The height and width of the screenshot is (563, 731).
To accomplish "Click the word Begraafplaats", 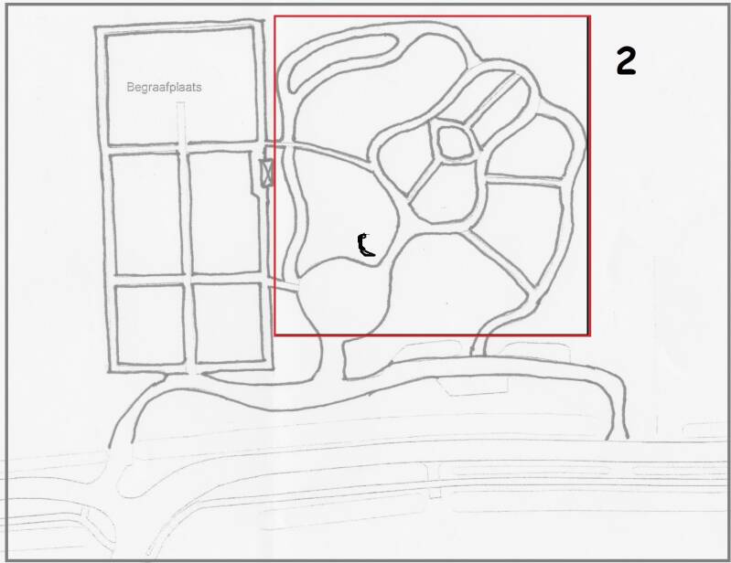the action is [164, 87].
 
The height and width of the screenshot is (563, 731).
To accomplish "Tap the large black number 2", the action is [626, 61].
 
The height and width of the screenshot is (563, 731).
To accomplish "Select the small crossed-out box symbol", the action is [266, 173].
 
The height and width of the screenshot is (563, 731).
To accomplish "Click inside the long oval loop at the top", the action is [343, 63].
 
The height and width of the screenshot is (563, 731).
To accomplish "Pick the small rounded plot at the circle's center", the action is [454, 143].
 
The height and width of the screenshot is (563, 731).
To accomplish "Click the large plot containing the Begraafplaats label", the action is [181, 86].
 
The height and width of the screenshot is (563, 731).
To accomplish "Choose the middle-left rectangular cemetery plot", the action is [145, 214].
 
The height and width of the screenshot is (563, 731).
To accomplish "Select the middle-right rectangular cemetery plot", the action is [225, 213].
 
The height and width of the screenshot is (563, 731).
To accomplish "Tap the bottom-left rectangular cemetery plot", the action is [150, 324].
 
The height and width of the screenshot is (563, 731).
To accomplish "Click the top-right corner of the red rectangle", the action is [589, 16].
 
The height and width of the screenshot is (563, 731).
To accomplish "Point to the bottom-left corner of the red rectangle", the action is [275, 335].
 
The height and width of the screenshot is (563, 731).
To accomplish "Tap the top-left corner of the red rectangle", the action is [275, 16].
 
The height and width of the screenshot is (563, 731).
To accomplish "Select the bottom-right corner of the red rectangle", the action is [589, 335].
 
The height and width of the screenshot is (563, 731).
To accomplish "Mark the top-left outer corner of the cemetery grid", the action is [95, 27].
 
